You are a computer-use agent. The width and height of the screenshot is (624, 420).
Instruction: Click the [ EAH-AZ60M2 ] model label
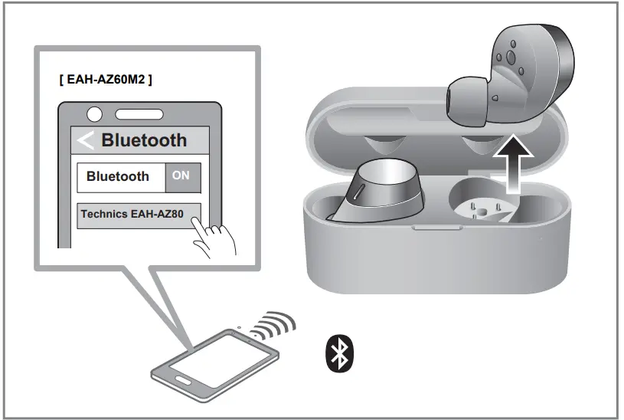tap(106, 80)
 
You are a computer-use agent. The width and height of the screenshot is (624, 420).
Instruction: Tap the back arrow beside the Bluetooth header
tap(86, 140)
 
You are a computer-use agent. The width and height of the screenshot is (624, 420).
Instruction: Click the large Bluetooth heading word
tap(144, 140)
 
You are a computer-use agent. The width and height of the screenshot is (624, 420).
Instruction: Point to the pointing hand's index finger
tap(201, 224)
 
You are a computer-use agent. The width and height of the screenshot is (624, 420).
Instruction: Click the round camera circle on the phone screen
tap(94, 114)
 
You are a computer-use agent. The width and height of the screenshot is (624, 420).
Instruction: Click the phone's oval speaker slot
tap(139, 114)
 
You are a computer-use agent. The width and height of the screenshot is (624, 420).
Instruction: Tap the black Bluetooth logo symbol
tap(338, 353)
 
